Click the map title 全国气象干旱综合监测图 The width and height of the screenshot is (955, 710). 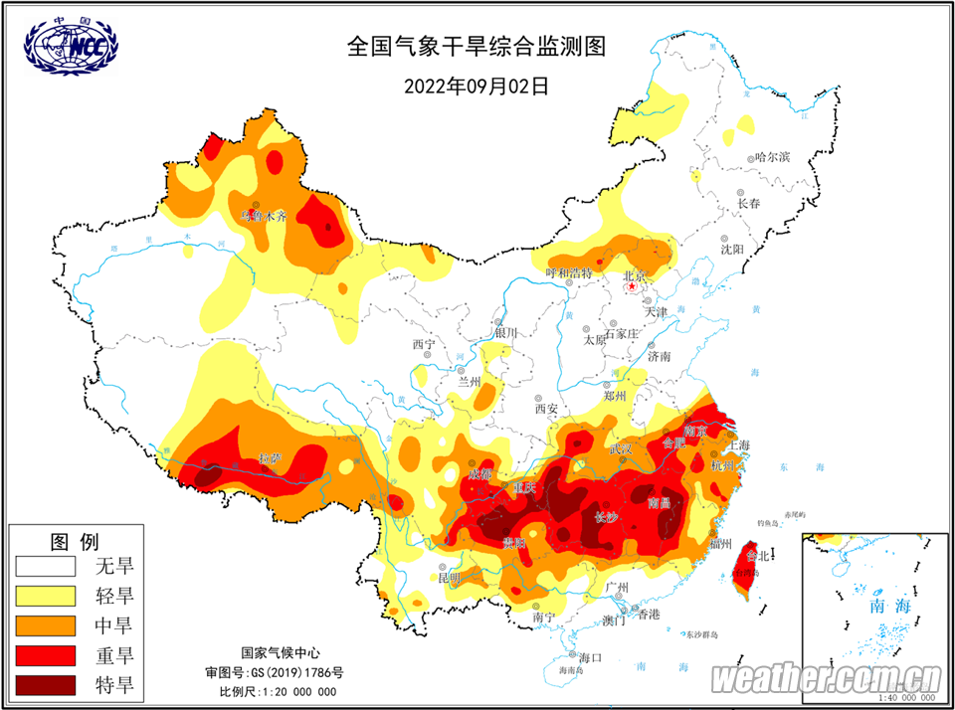[476, 46]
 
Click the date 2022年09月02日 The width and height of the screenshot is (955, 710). [476, 86]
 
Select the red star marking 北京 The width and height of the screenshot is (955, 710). [631, 287]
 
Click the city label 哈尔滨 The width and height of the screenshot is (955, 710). [772, 157]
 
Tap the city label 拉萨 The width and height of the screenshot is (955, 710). [270, 458]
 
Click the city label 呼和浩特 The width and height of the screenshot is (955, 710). [570, 272]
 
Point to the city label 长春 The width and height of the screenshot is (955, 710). [748, 203]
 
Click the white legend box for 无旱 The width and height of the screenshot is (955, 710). [45, 567]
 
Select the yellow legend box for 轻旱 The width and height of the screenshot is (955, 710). [45, 597]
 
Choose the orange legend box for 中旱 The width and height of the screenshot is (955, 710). [45, 625]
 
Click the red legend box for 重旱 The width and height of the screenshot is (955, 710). [45, 655]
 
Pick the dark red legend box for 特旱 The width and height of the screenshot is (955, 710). [45, 684]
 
